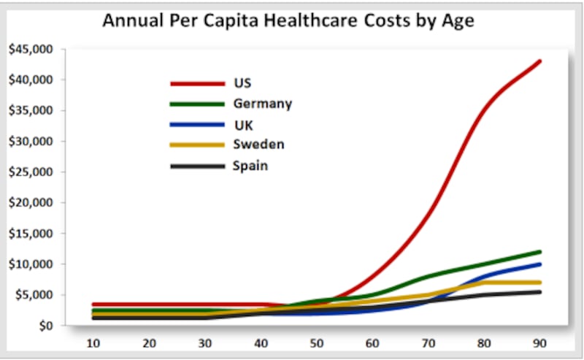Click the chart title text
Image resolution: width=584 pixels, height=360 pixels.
288,20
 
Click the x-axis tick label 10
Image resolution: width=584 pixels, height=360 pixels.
93,344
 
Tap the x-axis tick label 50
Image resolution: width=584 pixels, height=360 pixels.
316,344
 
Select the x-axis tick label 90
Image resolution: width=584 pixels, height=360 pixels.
539,344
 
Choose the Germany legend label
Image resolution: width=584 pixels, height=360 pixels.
262,104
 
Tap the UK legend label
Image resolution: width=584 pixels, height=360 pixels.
243,125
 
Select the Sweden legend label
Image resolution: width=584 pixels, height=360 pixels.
258,145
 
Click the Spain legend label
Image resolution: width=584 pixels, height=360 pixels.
250,166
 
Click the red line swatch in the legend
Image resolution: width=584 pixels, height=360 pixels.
197,83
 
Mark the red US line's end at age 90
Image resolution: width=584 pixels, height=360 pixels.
539,61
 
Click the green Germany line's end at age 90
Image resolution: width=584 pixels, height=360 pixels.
539,252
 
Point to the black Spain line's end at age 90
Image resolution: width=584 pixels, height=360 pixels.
539,292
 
